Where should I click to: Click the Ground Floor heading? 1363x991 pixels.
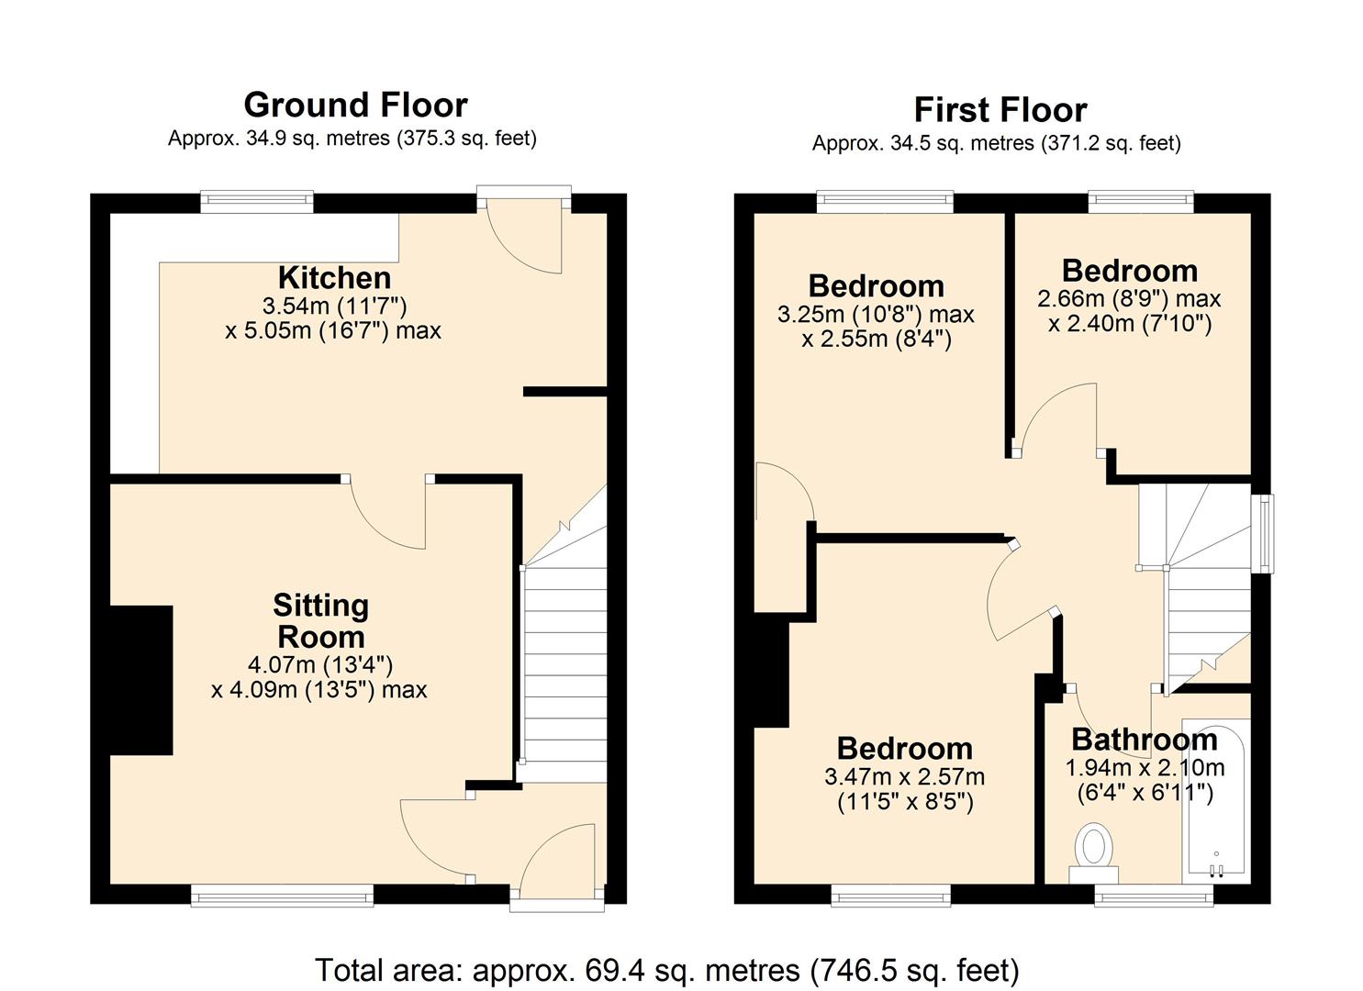click(355, 106)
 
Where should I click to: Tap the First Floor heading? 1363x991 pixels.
click(1000, 110)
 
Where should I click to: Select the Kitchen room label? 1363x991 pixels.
click(334, 277)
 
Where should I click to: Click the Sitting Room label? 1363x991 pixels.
click(320, 621)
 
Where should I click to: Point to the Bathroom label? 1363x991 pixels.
click(1144, 740)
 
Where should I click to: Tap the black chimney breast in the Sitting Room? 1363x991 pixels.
click(141, 680)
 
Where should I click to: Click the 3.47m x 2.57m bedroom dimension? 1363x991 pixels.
click(904, 777)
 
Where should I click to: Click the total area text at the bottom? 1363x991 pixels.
click(667, 970)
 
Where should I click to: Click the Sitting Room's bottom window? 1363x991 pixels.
click(282, 895)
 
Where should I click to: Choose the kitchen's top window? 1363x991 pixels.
click(258, 201)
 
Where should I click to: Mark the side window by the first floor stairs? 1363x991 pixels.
click(1266, 534)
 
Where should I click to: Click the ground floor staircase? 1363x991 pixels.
click(564, 661)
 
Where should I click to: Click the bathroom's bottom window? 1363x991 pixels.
click(1153, 895)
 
